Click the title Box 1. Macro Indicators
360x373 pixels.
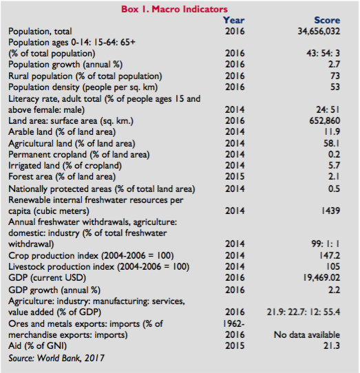coord(174,9)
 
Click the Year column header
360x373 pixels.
coord(233,20)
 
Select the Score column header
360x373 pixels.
coord(327,20)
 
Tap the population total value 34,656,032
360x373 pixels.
coord(319,32)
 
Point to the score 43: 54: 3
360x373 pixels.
coord(323,53)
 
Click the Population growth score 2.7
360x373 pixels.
coord(334,64)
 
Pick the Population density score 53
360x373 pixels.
coord(335,87)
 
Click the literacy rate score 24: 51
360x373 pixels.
coord(328,109)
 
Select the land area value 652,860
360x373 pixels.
coord(324,121)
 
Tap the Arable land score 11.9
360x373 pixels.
coord(332,131)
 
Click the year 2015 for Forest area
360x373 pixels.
coord(235,176)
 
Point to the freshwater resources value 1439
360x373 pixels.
coord(330,211)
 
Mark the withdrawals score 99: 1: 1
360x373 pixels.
coord(326,244)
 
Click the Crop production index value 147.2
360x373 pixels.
coord(330,255)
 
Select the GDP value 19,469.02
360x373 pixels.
coord(321,277)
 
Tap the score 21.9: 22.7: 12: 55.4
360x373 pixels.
coord(304,312)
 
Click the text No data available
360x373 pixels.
coord(307,334)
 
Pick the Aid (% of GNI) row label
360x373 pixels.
coord(38,345)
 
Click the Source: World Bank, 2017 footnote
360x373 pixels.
coord(56,358)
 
